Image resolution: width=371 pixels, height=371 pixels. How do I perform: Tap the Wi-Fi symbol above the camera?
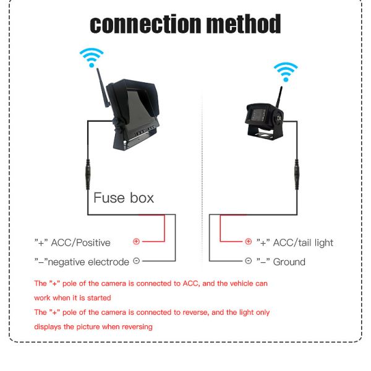[x=285, y=71]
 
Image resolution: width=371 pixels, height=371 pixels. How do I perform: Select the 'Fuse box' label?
[x=124, y=198]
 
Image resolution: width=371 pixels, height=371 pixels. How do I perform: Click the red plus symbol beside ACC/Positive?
[x=137, y=242]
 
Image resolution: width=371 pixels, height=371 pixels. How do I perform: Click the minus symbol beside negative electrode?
[x=137, y=262]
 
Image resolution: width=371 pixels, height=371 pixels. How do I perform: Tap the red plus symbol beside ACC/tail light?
[x=248, y=242]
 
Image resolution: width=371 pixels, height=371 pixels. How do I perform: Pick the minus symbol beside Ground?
[x=248, y=262]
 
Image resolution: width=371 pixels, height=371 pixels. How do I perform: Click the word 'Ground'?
[x=289, y=262]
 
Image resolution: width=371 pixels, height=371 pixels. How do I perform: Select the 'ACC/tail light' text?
[x=303, y=242]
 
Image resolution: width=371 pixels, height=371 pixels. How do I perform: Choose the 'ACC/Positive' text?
[x=81, y=242]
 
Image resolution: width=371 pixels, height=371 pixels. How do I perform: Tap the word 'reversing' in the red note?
[x=134, y=326]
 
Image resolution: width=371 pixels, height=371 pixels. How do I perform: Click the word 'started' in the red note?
[x=96, y=297]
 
